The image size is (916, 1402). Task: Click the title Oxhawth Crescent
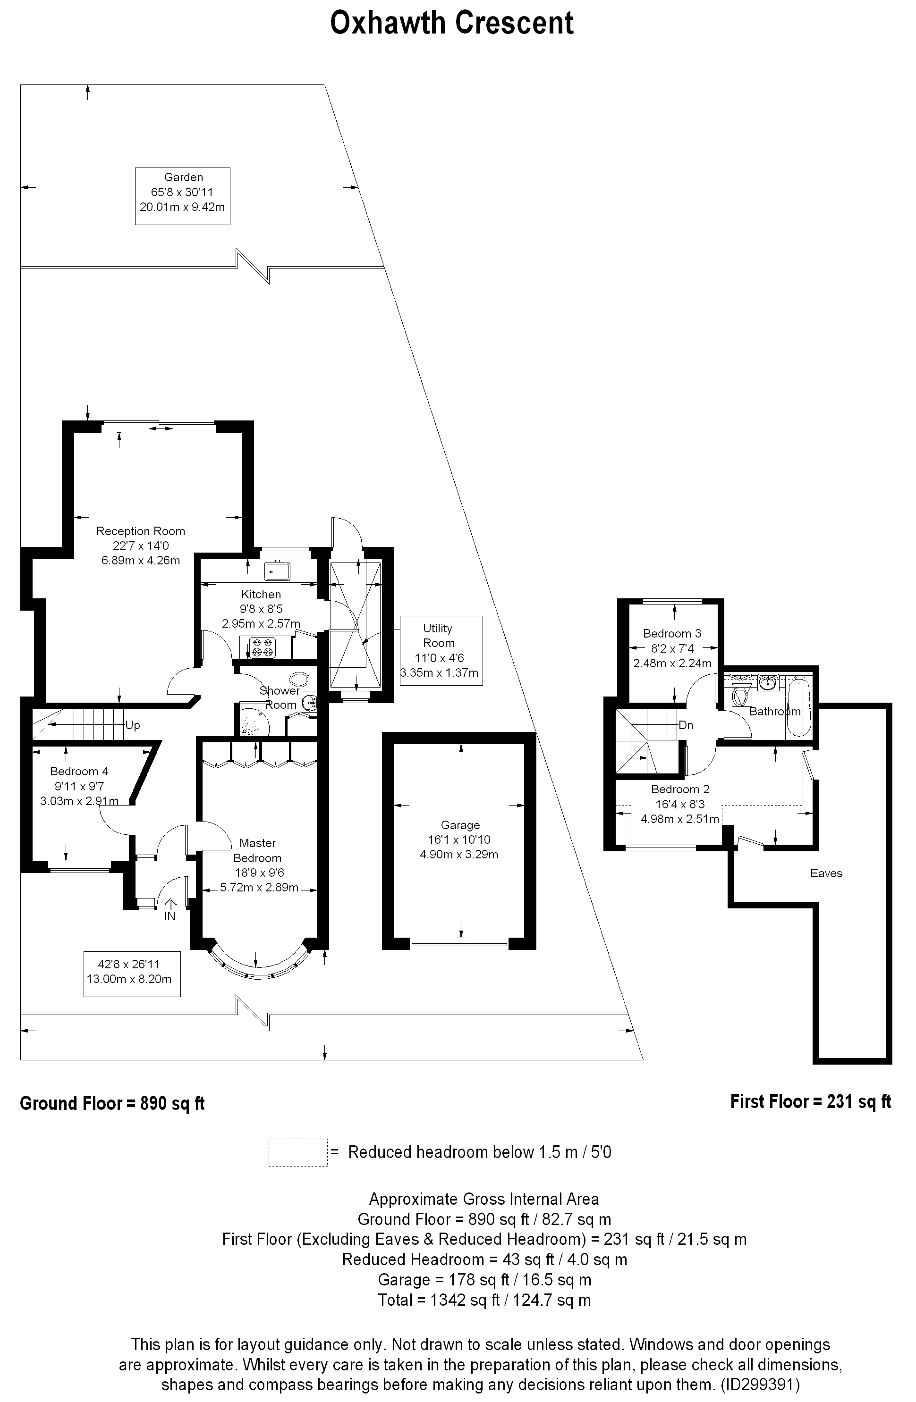click(x=451, y=24)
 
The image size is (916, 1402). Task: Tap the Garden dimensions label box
click(x=183, y=196)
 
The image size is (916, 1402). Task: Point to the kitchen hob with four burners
click(x=263, y=647)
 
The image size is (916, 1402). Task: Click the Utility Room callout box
click(x=441, y=650)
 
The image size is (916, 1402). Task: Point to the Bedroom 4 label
click(x=79, y=771)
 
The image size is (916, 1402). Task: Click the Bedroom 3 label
click(x=672, y=633)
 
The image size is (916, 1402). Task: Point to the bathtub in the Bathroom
click(x=799, y=707)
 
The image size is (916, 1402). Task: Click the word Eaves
click(x=826, y=873)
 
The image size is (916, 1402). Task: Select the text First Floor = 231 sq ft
click(x=811, y=1101)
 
